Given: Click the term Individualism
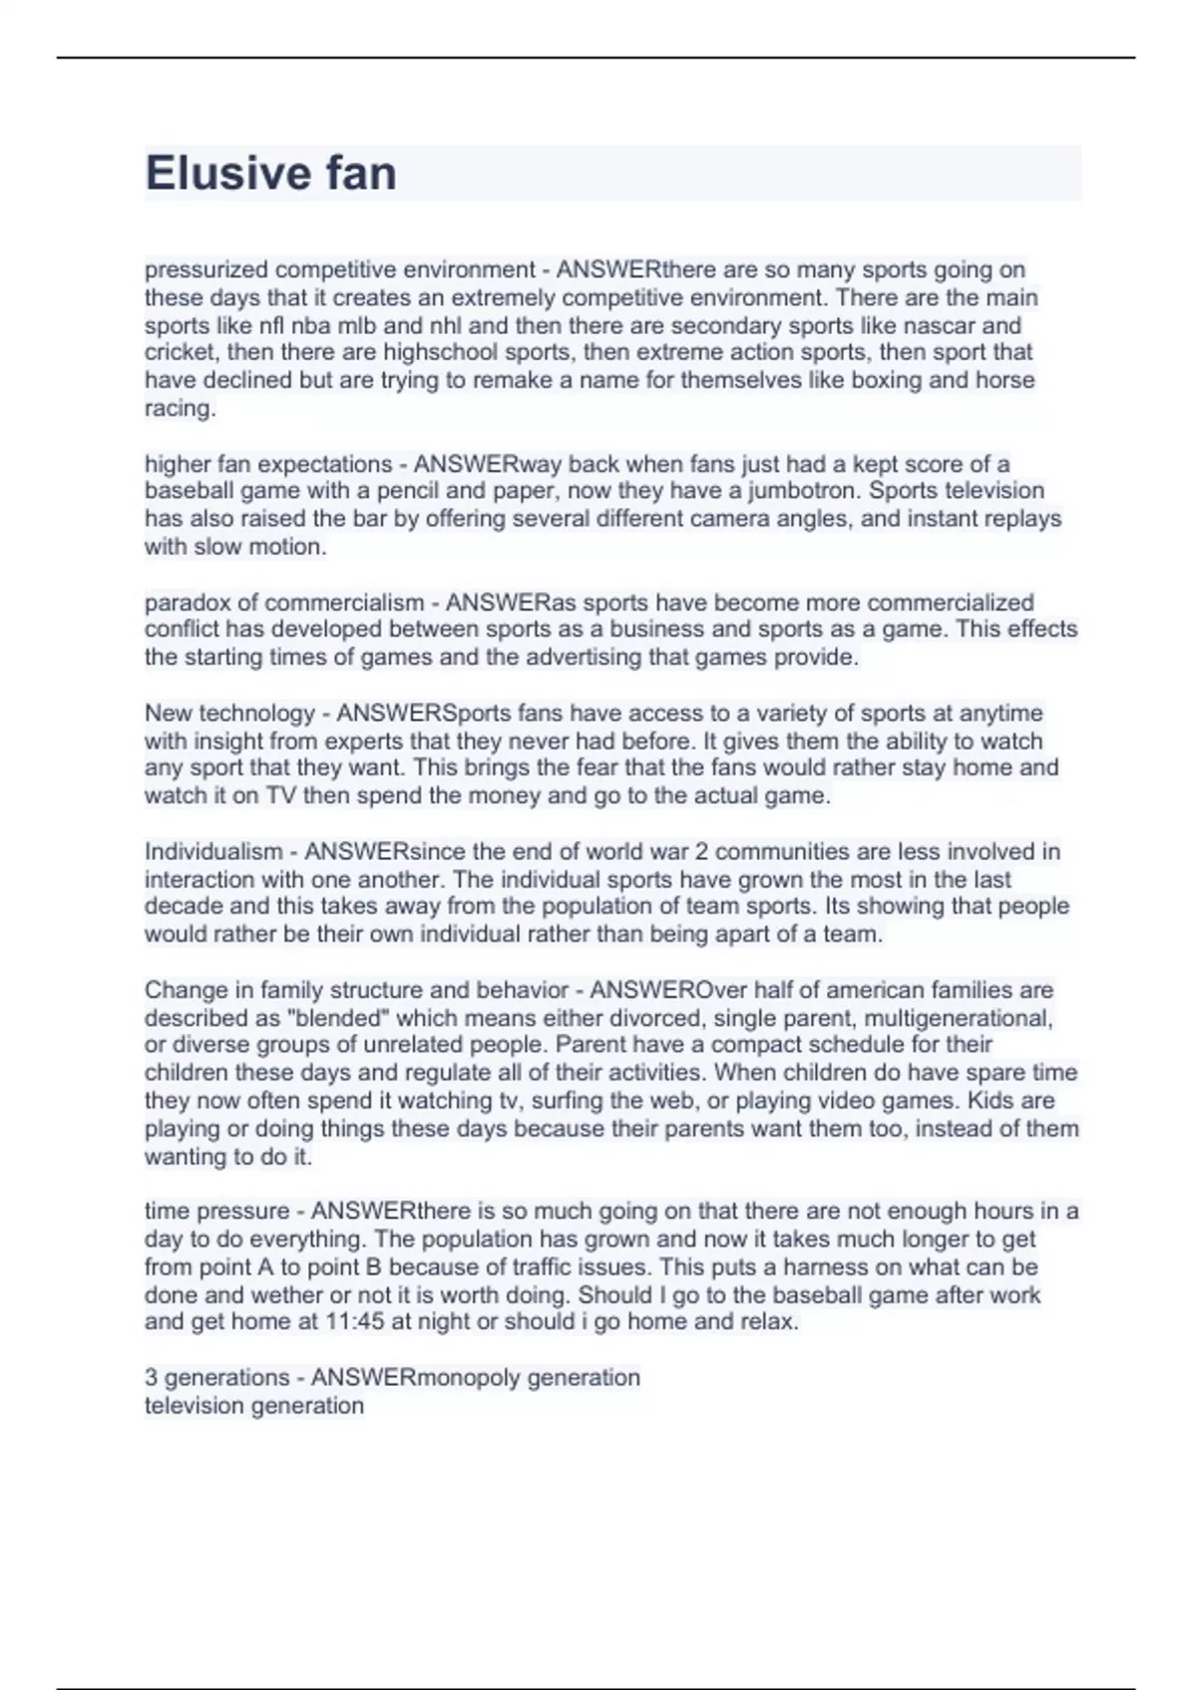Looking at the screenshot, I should [214, 852].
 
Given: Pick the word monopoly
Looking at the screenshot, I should [467, 1378].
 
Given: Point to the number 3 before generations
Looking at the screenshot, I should [151, 1378].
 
